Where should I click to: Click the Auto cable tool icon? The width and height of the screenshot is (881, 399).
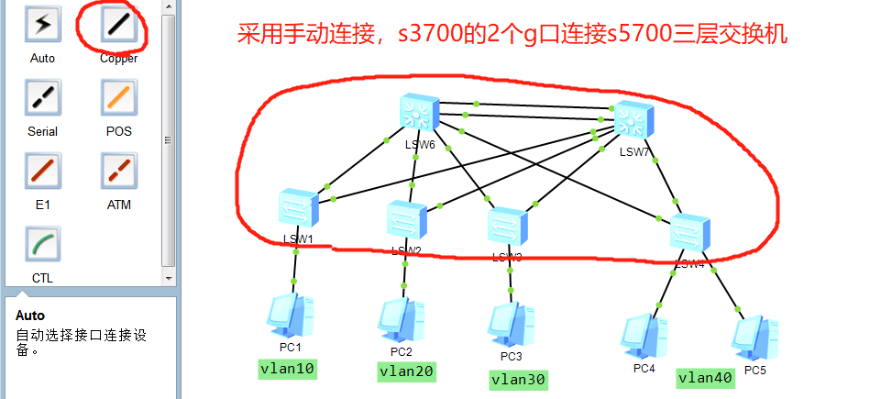pyautogui.click(x=42, y=26)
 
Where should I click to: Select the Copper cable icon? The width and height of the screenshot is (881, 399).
pyautogui.click(x=118, y=26)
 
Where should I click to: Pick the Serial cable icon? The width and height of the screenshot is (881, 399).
pyautogui.click(x=42, y=97)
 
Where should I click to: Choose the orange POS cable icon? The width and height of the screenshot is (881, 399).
pyautogui.click(x=118, y=97)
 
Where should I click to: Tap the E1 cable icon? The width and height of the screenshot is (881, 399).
pyautogui.click(x=42, y=171)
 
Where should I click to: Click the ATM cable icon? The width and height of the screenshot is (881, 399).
pyautogui.click(x=118, y=171)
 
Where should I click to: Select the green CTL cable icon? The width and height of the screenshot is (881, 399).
pyautogui.click(x=42, y=245)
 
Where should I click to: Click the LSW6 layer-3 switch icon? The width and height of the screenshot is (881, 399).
pyautogui.click(x=419, y=113)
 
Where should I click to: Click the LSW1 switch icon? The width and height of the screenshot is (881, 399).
pyautogui.click(x=298, y=208)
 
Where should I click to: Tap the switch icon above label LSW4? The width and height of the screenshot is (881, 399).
pyautogui.click(x=689, y=231)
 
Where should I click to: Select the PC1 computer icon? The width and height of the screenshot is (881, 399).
pyautogui.click(x=291, y=316)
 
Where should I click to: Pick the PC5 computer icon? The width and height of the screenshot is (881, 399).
pyautogui.click(x=755, y=337)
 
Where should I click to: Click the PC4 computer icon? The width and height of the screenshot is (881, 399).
pyautogui.click(x=644, y=336)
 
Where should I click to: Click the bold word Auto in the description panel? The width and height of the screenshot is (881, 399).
pyautogui.click(x=30, y=315)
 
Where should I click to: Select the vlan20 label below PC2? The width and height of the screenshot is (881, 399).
pyautogui.click(x=406, y=371)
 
